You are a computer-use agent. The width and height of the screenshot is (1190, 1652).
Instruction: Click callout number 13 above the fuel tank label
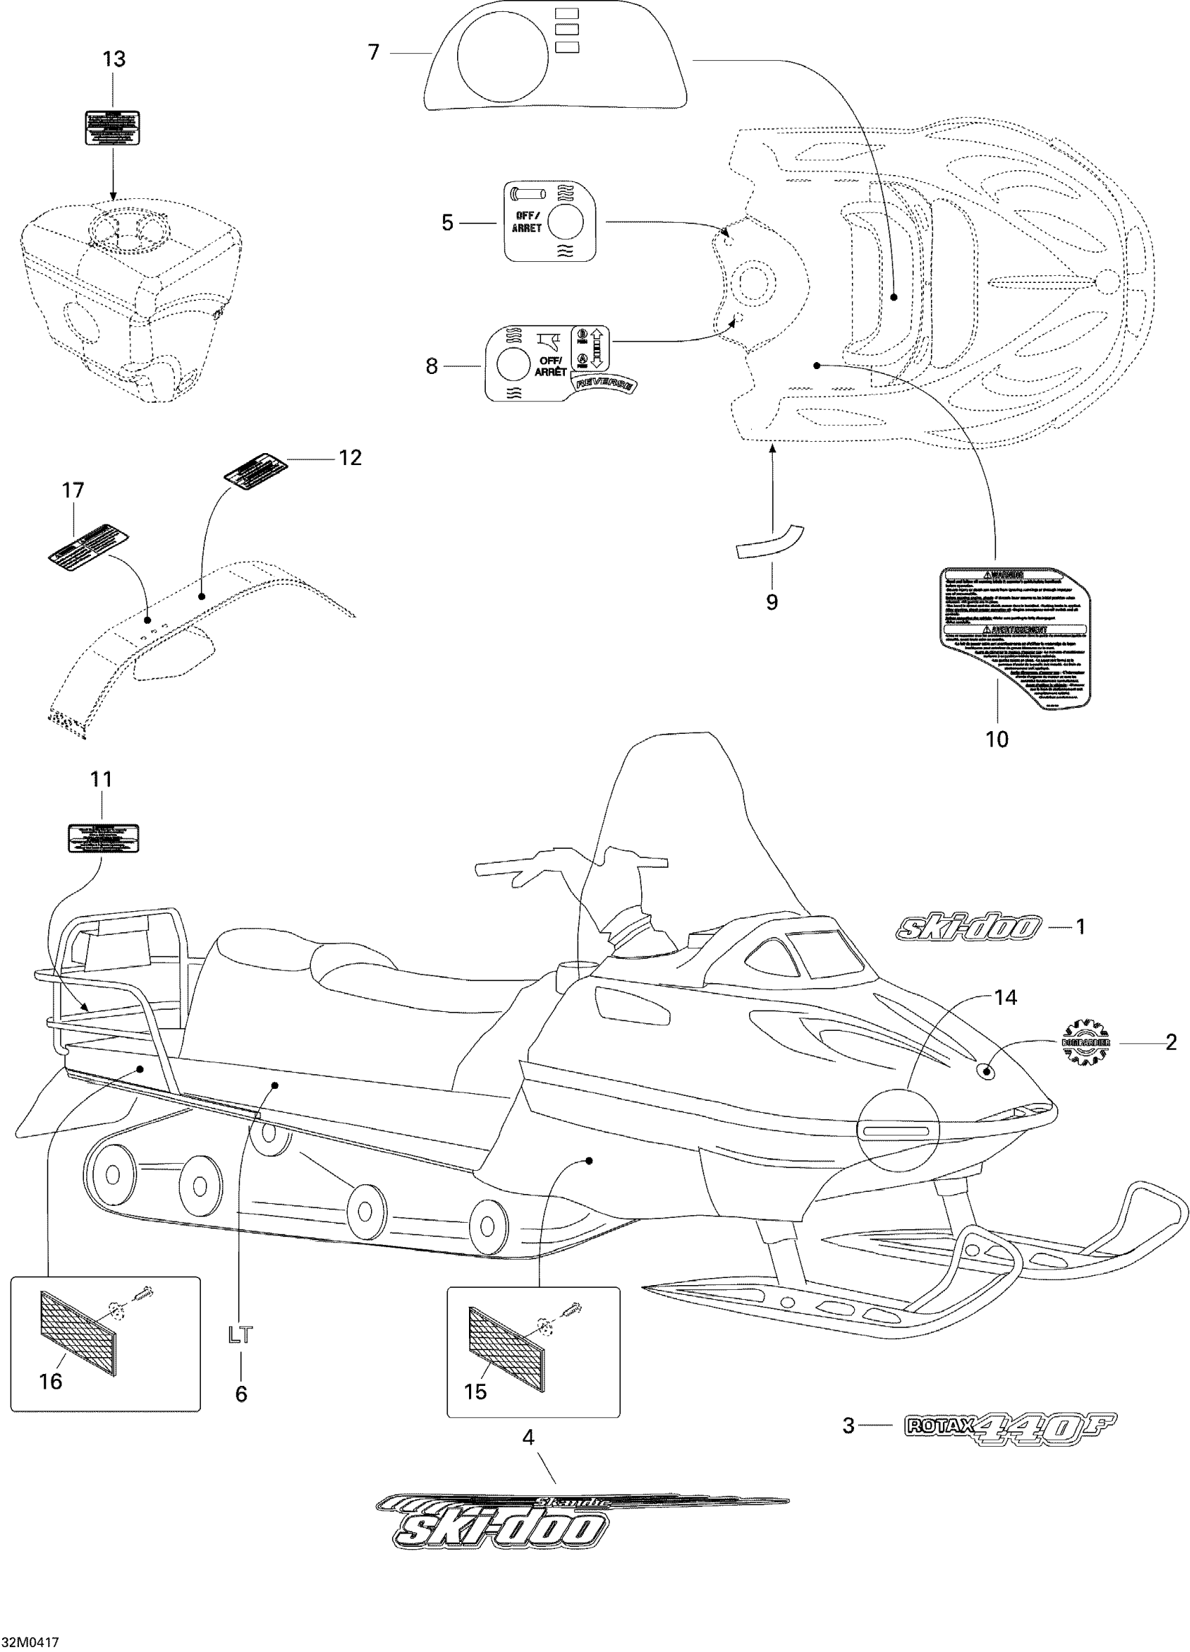tap(114, 60)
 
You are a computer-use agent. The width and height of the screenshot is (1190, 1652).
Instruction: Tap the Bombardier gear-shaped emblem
tap(1084, 1043)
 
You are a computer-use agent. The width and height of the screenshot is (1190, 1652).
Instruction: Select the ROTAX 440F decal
tap(1009, 1424)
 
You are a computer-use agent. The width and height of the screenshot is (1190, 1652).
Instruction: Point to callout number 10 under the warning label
tap(996, 740)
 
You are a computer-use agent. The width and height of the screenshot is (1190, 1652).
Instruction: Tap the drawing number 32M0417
tap(30, 1642)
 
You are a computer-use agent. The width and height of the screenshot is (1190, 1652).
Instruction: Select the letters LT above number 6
tap(240, 1335)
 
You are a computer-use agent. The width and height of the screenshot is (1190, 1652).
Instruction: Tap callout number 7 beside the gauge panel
tap(374, 53)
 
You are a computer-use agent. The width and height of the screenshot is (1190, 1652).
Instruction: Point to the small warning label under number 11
tap(103, 838)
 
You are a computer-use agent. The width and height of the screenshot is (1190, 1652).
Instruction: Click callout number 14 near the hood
tap(1005, 997)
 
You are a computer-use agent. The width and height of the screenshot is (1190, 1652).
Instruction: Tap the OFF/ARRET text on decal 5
tap(526, 222)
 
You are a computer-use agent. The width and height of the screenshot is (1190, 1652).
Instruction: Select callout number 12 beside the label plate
tap(349, 457)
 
